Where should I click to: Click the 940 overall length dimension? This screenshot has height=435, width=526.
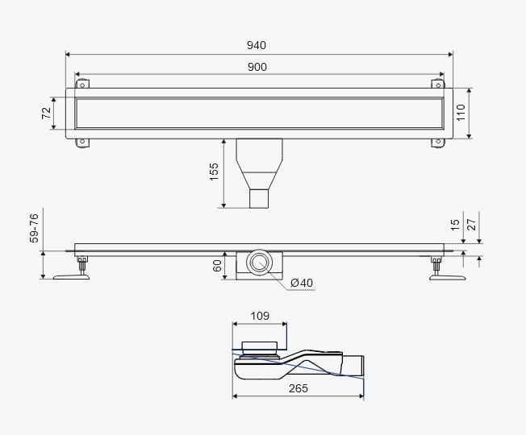click(x=257, y=45)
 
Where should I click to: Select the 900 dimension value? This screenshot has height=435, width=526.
click(x=257, y=67)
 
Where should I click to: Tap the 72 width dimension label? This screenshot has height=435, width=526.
click(x=46, y=113)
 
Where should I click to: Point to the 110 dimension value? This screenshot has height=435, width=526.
click(x=461, y=113)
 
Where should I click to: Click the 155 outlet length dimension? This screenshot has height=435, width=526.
click(x=214, y=172)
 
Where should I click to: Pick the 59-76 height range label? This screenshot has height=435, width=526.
click(x=34, y=228)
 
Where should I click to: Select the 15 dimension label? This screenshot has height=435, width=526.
click(x=455, y=225)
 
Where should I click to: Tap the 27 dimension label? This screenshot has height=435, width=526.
click(x=471, y=225)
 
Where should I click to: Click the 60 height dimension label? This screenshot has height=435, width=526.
click(x=217, y=266)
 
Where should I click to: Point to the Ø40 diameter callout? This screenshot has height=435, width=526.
click(x=302, y=283)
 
